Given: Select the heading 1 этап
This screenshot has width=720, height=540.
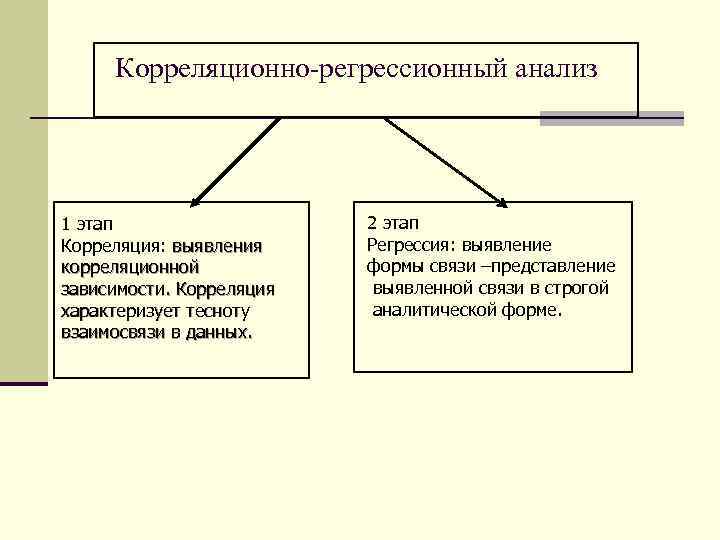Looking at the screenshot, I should pyautogui.click(x=87, y=223).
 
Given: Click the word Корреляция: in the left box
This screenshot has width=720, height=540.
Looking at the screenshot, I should pyautogui.click(x=113, y=245).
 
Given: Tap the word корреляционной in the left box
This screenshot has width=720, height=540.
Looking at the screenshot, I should pyautogui.click(x=130, y=267).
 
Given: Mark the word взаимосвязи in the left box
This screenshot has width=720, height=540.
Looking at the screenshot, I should pyautogui.click(x=112, y=332).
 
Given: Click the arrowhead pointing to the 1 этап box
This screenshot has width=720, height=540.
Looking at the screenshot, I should pyautogui.click(x=197, y=198).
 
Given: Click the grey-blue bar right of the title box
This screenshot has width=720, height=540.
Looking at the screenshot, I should pyautogui.click(x=611, y=118).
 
